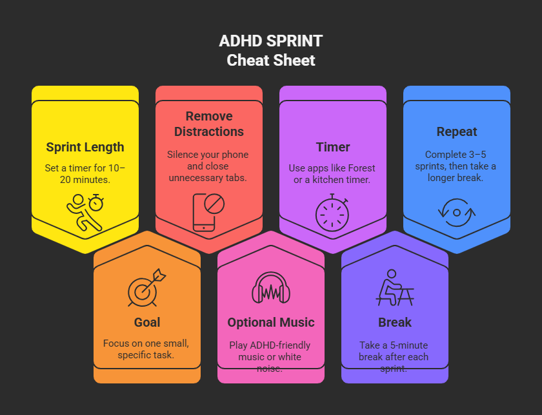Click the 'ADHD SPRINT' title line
point(271,42)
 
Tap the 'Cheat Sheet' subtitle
point(271,61)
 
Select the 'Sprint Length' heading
point(85,147)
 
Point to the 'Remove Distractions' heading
point(209,124)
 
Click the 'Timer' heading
point(333,147)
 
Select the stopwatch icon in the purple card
point(333,212)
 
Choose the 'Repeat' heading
point(457,131)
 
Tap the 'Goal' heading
point(147,322)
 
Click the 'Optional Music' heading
point(271,322)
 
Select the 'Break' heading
point(395,322)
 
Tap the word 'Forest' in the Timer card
point(359,168)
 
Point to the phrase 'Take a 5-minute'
point(395,345)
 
